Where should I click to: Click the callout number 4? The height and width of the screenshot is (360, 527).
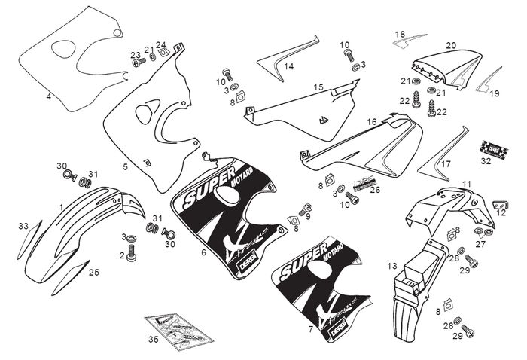[x=49, y=96]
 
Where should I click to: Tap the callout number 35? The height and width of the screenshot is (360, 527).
[x=154, y=340]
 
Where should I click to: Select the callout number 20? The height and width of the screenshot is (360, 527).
[x=451, y=45]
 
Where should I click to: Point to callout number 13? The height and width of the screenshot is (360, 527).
[x=392, y=266]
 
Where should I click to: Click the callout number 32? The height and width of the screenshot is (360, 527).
[x=486, y=161]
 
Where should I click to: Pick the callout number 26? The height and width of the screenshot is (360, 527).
[x=375, y=190]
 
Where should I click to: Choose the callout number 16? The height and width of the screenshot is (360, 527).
[x=372, y=122]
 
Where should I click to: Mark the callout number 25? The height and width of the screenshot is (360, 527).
[x=94, y=273]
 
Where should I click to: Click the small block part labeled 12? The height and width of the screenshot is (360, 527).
[x=498, y=204]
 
